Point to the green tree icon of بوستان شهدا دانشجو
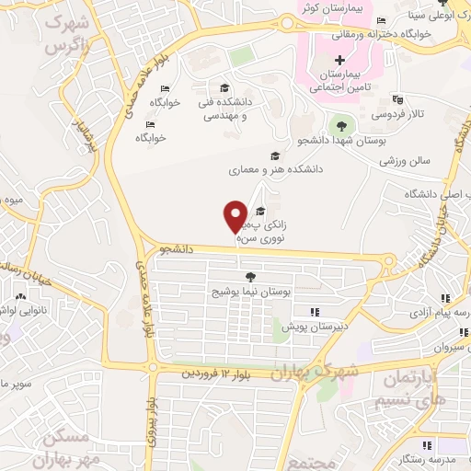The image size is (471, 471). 341,123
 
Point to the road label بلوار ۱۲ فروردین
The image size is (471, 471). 215,373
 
